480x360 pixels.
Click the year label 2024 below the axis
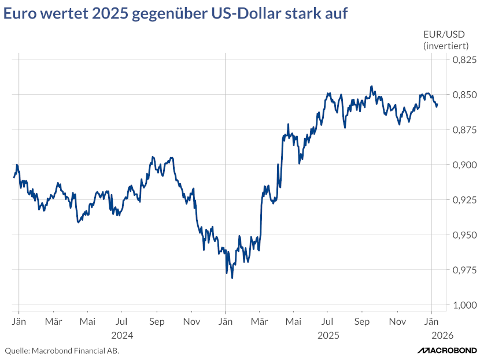tap(122, 335)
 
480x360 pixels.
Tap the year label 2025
tap(328, 335)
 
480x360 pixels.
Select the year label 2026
tap(442, 335)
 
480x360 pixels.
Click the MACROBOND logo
tap(447, 350)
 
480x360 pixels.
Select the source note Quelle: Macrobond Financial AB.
tap(62, 350)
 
